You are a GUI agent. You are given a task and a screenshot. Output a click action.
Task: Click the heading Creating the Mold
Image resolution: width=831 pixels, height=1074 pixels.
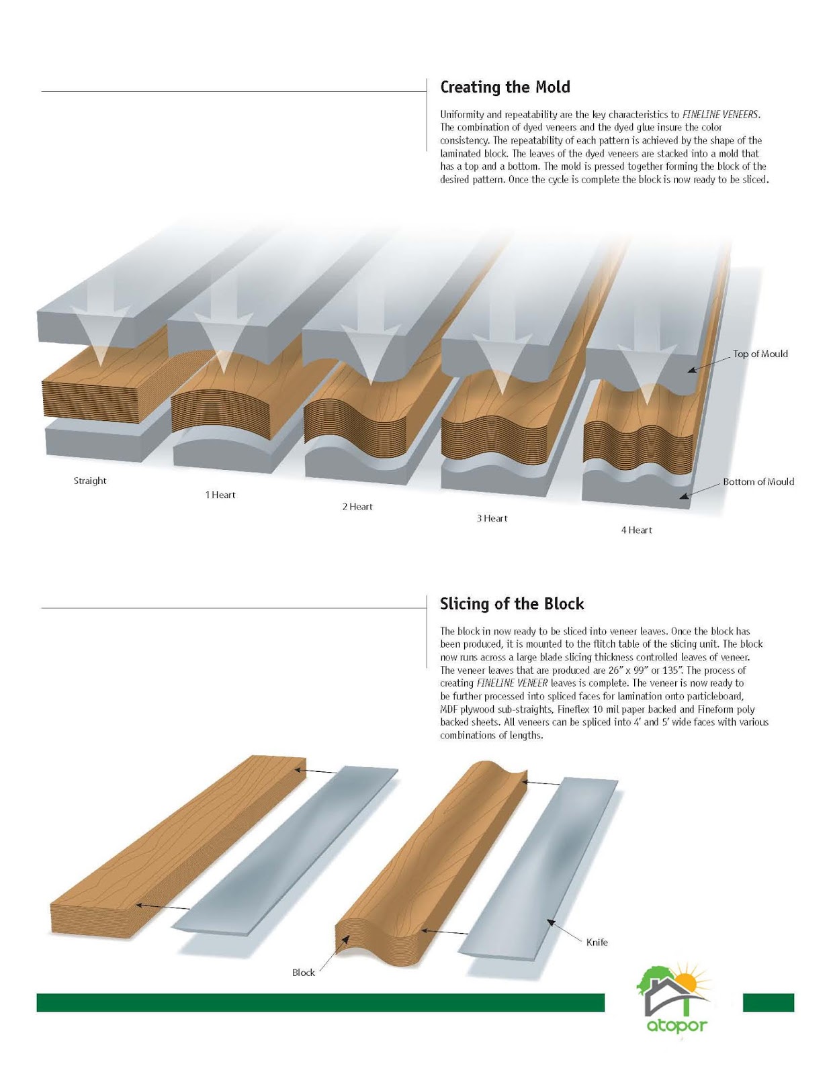pos(505,87)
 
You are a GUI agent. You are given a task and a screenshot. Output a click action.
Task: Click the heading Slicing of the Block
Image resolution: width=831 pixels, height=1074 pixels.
pos(512,604)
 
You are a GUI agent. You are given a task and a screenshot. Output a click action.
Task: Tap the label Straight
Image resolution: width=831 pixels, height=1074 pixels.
pos(90,481)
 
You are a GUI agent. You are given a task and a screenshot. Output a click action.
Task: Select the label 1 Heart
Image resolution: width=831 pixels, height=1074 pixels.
pos(220,495)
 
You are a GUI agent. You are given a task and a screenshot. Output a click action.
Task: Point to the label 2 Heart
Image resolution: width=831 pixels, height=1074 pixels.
pos(357,507)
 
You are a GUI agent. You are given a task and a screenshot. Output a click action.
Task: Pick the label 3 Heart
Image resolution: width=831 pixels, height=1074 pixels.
pos(492,518)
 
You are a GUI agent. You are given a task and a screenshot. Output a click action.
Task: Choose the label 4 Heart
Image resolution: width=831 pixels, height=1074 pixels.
pos(636,530)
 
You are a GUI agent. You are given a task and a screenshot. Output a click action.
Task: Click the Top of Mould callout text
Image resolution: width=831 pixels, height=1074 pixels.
pos(760,354)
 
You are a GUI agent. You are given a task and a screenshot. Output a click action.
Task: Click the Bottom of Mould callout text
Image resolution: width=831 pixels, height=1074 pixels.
pos(758,482)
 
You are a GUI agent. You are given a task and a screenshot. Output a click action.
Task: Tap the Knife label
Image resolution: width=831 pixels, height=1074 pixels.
pos(597,942)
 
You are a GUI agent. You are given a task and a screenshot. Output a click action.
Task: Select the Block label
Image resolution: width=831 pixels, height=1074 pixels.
pos(303,973)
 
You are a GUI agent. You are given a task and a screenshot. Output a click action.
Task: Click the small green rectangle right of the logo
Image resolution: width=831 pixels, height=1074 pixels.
pos(768,1002)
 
